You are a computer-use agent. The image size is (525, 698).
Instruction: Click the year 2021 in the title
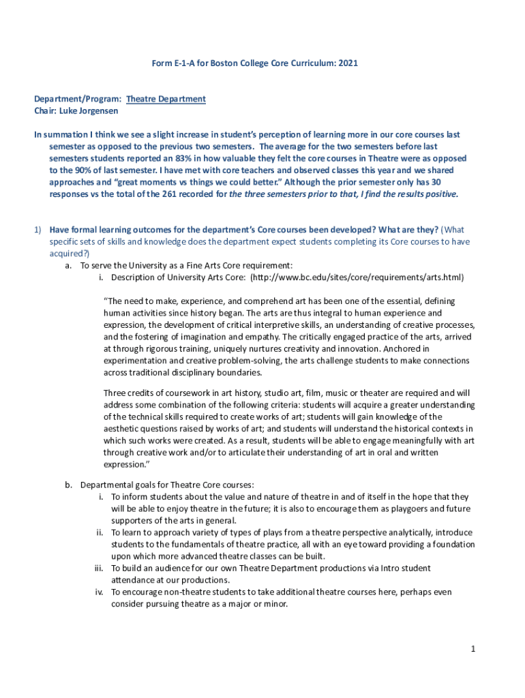[347, 63]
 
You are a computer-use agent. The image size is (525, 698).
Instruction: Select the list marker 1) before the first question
[40, 230]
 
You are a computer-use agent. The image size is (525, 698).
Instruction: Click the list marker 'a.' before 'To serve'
[69, 265]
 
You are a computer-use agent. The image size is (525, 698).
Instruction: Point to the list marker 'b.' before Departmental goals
[69, 485]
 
